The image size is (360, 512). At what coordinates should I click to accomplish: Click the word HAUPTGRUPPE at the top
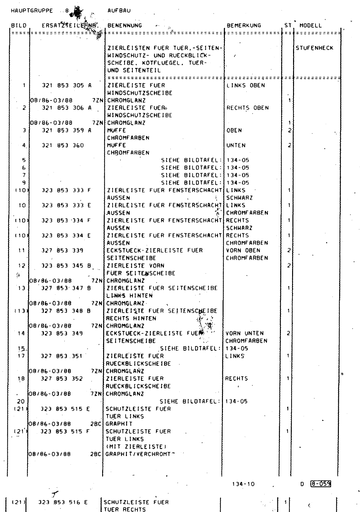tap(32, 11)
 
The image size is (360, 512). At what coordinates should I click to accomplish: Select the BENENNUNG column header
tap(124, 26)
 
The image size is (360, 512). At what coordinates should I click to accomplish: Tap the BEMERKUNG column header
tap(244, 26)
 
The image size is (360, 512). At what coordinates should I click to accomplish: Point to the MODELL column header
tap(310, 26)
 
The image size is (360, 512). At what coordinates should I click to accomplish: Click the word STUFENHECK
tap(314, 48)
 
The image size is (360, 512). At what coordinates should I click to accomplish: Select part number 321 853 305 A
tap(67, 85)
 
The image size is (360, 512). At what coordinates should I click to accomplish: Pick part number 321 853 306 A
tap(67, 108)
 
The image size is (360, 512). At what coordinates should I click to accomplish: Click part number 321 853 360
tap(63, 146)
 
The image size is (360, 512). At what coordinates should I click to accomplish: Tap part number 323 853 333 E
tap(66, 205)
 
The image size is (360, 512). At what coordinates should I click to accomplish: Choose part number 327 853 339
tap(62, 251)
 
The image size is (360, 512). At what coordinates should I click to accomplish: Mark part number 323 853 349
tap(62, 333)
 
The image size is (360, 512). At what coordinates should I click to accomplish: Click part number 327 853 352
tap(62, 379)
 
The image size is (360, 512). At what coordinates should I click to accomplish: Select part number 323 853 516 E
tap(63, 502)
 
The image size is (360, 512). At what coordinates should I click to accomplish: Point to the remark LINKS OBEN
tap(245, 85)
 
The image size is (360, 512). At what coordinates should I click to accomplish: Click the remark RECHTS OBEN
tap(247, 108)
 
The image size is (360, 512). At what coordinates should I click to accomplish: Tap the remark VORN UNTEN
tap(244, 333)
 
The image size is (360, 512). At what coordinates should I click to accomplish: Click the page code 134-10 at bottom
tap(243, 484)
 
